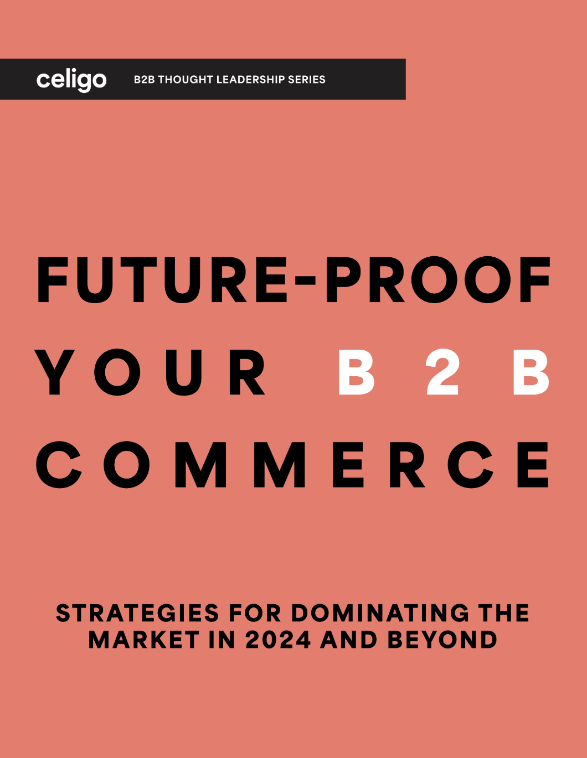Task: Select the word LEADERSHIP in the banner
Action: (250, 80)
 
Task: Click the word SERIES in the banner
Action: (307, 80)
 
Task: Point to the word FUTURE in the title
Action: (162, 279)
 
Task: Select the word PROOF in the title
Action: (437, 279)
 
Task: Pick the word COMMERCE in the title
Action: (292, 464)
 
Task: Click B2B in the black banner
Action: (145, 80)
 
